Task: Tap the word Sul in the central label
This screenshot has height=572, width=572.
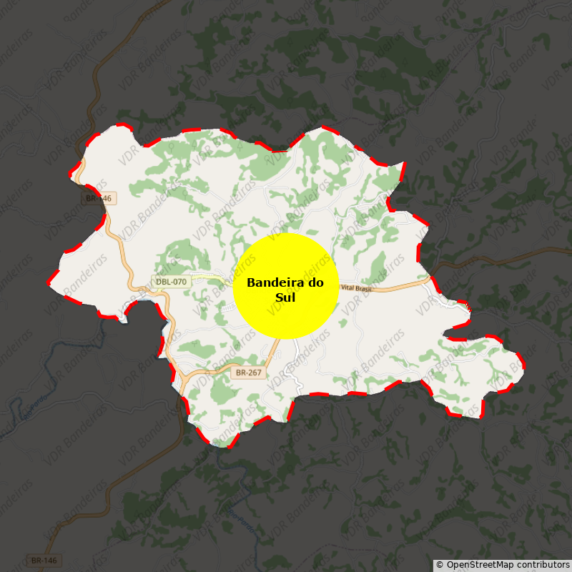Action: point(285,298)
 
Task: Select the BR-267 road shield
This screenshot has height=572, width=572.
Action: point(250,373)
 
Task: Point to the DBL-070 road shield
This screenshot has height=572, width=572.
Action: point(172,282)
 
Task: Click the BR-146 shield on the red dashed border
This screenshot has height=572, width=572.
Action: point(99,198)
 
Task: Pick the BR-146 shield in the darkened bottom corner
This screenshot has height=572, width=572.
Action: point(44,561)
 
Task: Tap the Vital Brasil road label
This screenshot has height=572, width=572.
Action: point(357,287)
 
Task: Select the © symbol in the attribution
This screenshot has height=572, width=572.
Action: point(440,565)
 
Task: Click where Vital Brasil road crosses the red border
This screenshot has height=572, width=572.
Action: point(431,278)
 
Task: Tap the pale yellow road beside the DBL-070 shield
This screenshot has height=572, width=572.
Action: point(207,277)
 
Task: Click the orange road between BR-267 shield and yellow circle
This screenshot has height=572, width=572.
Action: point(272,350)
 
